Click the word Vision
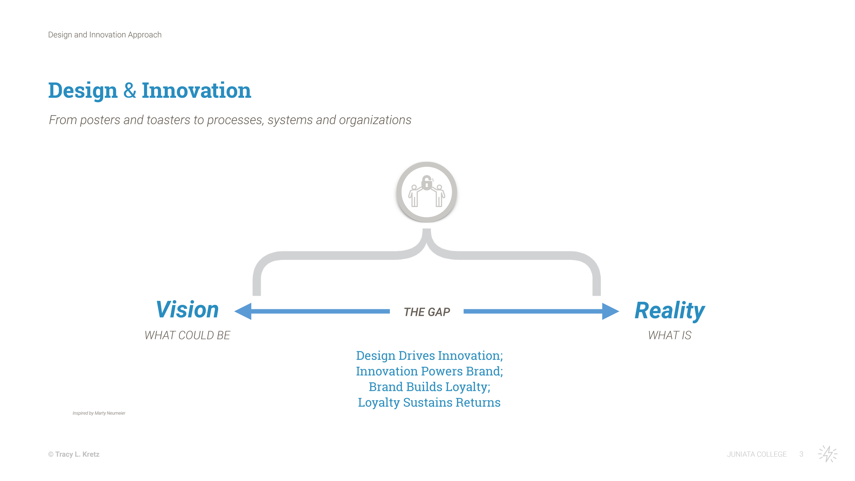pos(187,310)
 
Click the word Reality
pos(669,311)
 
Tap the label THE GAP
pos(427,312)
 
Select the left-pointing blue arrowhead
pos(244,311)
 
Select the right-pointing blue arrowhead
pos(610,311)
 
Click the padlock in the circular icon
pos(426,183)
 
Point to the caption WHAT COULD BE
pos(187,335)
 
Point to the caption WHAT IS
pos(669,335)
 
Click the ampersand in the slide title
pos(130,91)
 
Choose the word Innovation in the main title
pos(196,91)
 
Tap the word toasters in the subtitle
pos(168,120)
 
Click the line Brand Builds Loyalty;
pos(429,387)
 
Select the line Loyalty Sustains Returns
pos(429,403)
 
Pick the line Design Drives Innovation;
pos(429,356)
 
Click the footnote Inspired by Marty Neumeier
pos(99,413)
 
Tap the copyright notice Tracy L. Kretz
pos(74,454)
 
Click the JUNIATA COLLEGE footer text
pos(757,454)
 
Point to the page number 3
pos(801,454)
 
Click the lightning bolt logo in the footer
pos(828,454)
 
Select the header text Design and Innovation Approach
pos(105,35)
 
